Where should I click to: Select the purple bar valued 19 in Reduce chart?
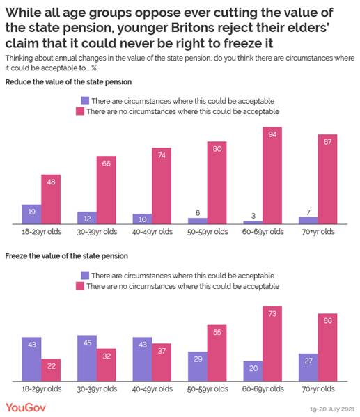coord(31,214)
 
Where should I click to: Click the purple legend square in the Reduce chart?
coord(85,100)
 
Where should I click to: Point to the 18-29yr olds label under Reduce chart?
coord(41,231)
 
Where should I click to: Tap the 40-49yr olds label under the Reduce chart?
coord(152,231)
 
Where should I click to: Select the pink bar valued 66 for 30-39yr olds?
coord(107,190)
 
